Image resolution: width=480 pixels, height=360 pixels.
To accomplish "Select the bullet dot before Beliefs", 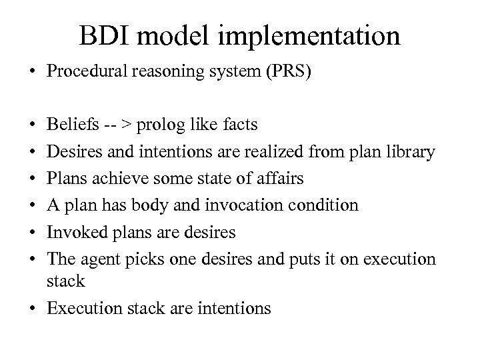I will (x=33, y=125).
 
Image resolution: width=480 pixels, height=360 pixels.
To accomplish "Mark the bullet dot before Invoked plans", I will (x=33, y=232).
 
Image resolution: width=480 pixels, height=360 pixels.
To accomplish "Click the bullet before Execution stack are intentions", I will (x=33, y=308).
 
